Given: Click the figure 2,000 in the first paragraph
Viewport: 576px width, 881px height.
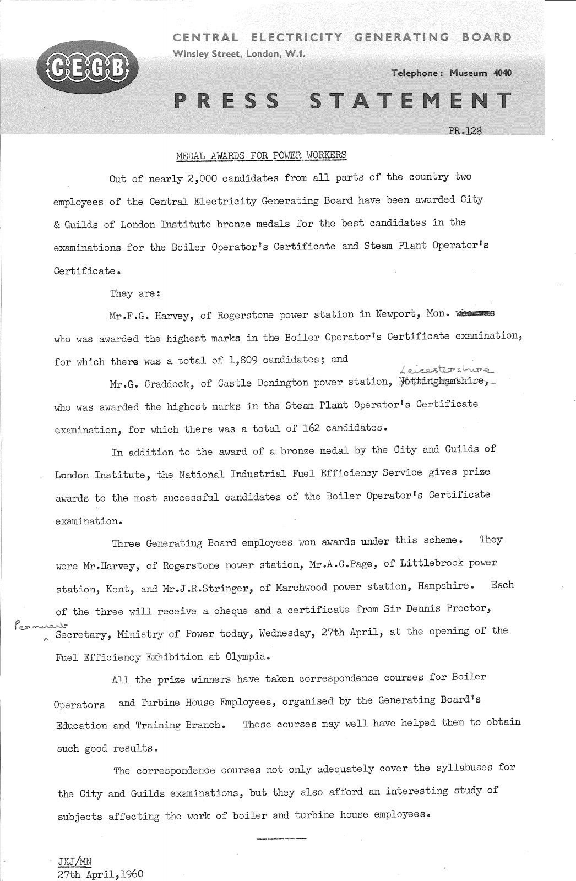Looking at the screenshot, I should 205,178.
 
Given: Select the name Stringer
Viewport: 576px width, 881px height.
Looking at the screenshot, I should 229,588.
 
